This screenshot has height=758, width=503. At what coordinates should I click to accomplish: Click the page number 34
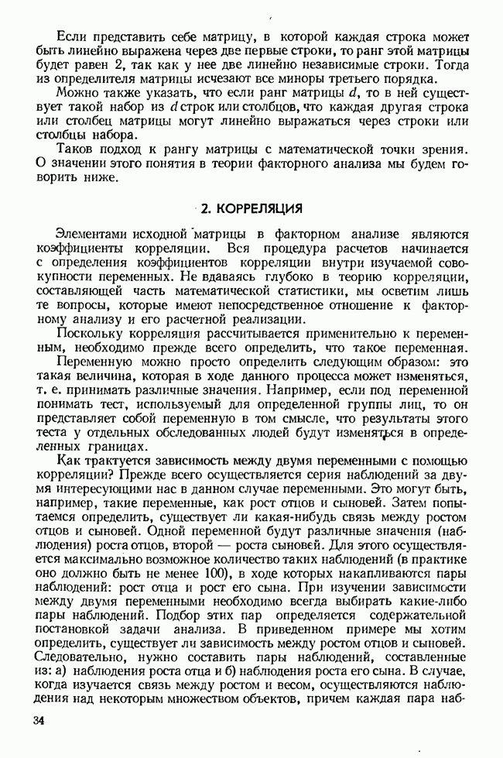[x=40, y=722]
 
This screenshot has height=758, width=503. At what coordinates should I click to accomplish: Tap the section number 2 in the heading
[x=204, y=209]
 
